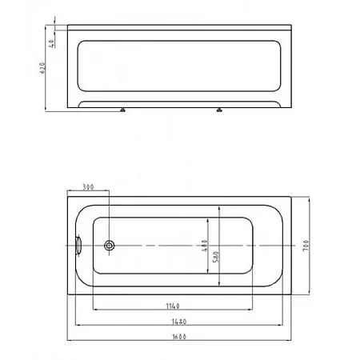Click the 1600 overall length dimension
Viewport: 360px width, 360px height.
click(179, 337)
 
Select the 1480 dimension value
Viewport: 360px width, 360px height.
click(179, 322)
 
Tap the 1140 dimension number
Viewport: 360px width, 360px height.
click(173, 306)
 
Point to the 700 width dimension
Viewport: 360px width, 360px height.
click(306, 246)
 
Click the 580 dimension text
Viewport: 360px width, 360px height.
click(216, 257)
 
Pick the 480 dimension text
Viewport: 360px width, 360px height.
click(205, 246)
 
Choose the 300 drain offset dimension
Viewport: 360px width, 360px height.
click(88, 187)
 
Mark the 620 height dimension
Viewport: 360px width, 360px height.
click(42, 68)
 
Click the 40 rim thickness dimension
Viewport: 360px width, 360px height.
click(51, 43)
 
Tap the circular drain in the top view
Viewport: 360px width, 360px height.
click(109, 246)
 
